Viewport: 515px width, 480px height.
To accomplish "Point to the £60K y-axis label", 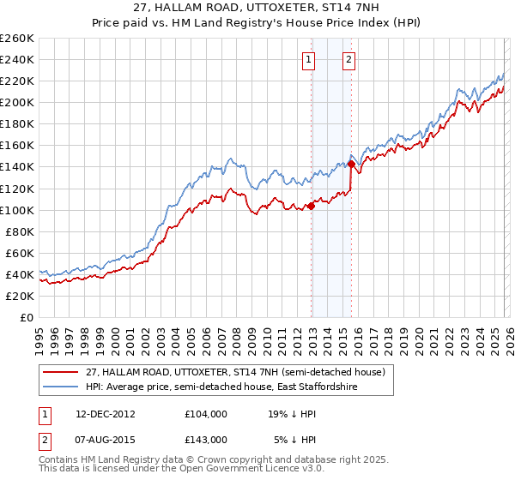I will click(19, 253).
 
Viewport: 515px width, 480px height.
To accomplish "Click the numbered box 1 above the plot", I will click(307, 59).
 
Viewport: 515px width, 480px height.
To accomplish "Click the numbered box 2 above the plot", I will click(349, 59).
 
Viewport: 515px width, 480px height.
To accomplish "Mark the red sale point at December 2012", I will click(311, 205).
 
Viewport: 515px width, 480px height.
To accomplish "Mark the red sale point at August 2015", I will click(351, 163).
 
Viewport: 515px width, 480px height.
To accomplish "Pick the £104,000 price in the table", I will click(206, 413).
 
